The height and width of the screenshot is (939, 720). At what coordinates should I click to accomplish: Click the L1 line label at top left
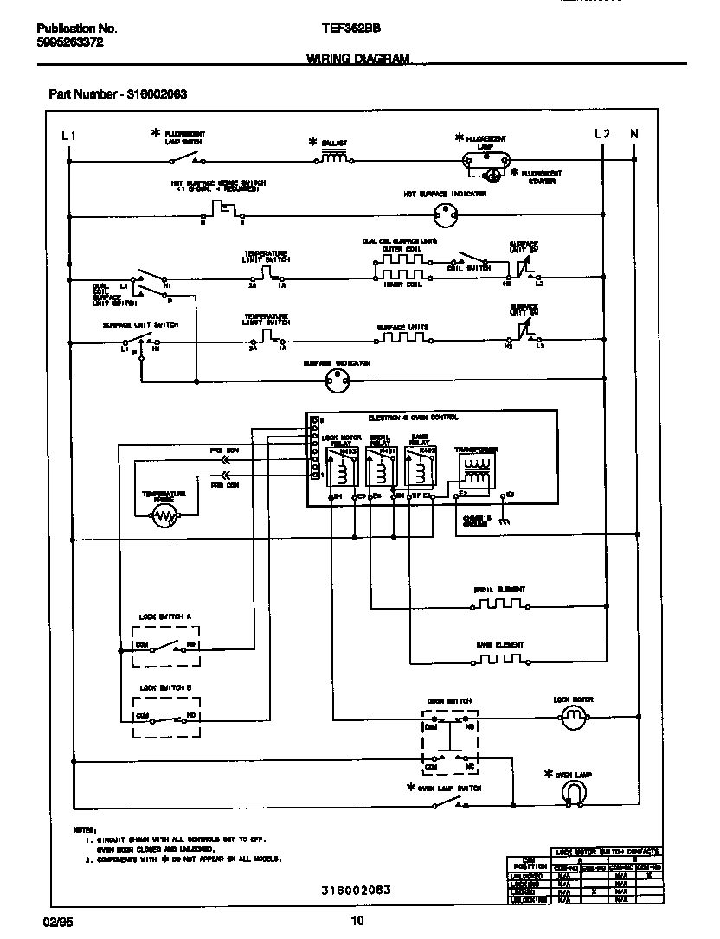[x=69, y=135]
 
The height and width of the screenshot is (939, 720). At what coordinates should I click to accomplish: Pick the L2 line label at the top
[x=602, y=134]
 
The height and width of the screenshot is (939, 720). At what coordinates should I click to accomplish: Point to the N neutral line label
[x=634, y=134]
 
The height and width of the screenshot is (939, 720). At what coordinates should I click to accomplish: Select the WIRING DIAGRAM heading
[x=357, y=58]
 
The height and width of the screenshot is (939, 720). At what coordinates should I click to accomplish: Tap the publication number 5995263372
[x=71, y=42]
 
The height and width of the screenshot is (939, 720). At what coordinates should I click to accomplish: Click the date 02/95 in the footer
[x=55, y=920]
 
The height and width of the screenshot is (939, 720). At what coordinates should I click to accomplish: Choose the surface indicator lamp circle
[x=336, y=379]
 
